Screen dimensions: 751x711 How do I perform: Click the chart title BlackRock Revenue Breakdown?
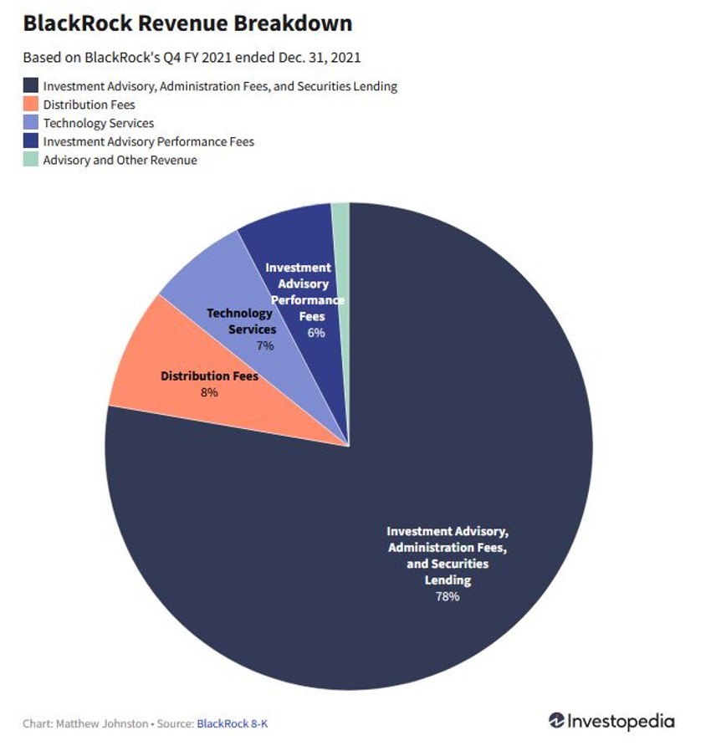pos(187,23)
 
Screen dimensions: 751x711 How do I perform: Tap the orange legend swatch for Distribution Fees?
pos(31,105)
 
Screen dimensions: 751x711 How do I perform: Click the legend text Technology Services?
pos(99,123)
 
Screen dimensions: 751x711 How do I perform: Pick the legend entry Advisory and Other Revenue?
pos(120,160)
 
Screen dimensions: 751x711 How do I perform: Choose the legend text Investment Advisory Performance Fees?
pos(148,141)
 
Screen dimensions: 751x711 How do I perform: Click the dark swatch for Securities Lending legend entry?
pos(31,86)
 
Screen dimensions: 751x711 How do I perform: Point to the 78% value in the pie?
pos(447,596)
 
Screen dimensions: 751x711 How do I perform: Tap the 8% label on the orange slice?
pos(209,391)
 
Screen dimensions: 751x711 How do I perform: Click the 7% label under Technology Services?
pos(265,345)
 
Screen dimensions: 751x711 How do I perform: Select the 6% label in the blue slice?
pos(316,332)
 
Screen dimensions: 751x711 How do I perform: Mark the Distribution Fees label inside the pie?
pos(209,376)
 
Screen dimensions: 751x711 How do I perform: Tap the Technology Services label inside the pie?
pos(241,321)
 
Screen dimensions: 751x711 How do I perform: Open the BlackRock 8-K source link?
pos(233,723)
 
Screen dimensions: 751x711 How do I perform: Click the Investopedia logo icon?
pos(557,721)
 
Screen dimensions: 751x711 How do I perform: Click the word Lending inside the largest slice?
pos(447,580)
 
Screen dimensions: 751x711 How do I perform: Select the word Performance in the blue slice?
pos(308,299)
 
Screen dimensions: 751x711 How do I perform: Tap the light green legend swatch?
pos(31,160)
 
